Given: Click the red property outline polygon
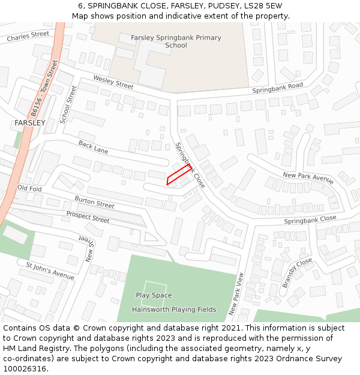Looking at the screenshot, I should coord(178,175).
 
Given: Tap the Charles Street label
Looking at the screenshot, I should coord(28,37).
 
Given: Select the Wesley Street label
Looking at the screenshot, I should coord(113,82).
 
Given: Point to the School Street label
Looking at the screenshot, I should coord(68,104).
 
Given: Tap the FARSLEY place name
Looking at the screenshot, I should coord(30,123).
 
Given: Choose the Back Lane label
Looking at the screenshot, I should coord(93,147).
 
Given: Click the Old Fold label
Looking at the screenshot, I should coord(29,188).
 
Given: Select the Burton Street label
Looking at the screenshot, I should coord(94,202).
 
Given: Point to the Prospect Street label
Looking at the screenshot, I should coord(88,217).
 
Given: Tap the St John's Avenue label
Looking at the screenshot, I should coord(50,270).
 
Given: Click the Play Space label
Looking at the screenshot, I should coord(154,295).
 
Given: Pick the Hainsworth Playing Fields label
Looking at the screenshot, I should coord(174,310).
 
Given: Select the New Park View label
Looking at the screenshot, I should coord(236,294).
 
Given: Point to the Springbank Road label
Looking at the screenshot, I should coord(277,88).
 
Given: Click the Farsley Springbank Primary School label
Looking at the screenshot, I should coord(176,41).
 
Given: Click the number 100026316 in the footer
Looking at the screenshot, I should coord(25,368).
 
